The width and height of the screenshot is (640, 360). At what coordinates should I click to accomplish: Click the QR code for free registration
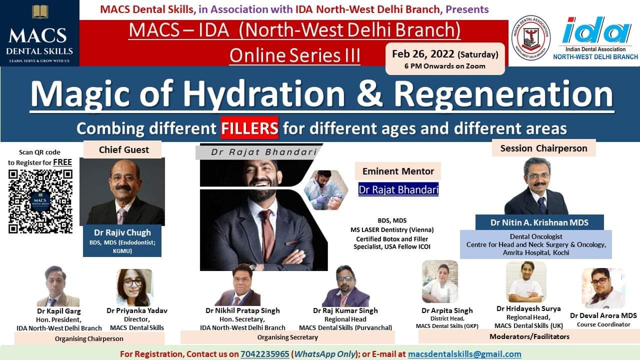(40, 201)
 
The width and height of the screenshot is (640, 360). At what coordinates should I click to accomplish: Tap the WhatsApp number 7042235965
(265, 354)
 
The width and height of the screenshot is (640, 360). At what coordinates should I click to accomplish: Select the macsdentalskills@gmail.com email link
(464, 354)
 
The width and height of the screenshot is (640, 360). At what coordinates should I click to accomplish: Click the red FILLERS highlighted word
(249, 127)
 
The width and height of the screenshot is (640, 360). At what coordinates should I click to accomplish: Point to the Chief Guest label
(123, 149)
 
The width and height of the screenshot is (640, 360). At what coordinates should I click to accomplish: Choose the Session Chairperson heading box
(543, 148)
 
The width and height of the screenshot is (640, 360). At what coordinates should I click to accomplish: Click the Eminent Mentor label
(398, 171)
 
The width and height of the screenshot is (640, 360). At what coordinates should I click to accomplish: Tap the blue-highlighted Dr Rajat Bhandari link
(398, 189)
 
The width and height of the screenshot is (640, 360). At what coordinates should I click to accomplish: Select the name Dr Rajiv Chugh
(122, 232)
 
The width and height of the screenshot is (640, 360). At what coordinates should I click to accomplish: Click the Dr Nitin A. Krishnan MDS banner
(539, 222)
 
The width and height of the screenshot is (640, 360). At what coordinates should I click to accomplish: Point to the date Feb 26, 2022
(423, 54)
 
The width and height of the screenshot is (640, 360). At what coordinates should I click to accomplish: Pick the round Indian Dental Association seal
(531, 37)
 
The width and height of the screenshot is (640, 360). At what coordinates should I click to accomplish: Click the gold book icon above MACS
(40, 11)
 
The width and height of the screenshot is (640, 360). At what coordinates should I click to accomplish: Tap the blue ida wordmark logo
(596, 30)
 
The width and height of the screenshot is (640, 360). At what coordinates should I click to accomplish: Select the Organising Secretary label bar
(287, 337)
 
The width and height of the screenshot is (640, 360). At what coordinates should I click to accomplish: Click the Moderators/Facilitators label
(529, 336)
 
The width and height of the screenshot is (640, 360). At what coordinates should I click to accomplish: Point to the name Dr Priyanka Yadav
(137, 310)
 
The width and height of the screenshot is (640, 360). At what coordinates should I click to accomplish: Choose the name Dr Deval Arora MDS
(603, 315)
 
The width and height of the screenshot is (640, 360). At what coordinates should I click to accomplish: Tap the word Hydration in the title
(263, 94)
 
